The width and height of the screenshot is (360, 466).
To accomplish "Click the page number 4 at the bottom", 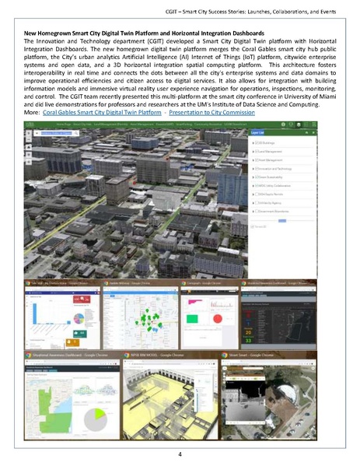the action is [180, 453].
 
